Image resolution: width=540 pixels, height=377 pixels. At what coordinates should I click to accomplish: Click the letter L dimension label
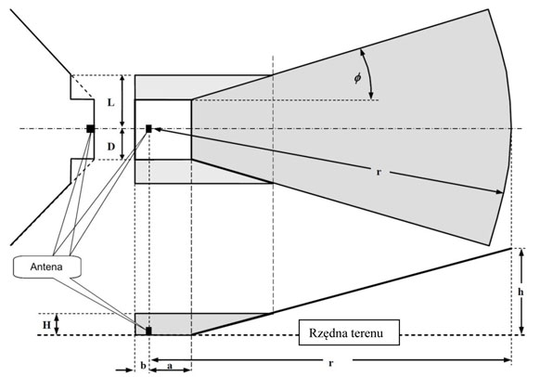click(110, 102)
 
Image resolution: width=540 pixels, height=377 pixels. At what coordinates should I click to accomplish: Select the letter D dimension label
click(110, 147)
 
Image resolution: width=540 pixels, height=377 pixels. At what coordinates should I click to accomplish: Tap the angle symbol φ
click(358, 78)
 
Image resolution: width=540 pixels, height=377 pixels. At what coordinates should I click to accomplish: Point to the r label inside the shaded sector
click(379, 172)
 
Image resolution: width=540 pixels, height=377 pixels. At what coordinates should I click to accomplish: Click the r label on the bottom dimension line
click(331, 363)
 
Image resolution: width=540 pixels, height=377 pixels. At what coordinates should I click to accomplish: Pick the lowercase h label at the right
click(521, 292)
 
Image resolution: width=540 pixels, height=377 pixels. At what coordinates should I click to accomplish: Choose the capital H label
click(46, 325)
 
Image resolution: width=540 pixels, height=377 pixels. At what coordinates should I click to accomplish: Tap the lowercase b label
click(143, 366)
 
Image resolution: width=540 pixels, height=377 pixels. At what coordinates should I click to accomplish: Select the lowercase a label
click(170, 366)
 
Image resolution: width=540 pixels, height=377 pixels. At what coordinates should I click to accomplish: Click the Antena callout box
click(47, 266)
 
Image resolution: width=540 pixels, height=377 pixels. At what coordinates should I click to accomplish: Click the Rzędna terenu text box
click(349, 332)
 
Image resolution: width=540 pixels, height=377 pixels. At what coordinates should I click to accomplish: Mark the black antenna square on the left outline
click(90, 128)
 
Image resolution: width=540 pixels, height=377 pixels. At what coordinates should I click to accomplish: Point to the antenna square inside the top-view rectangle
click(148, 128)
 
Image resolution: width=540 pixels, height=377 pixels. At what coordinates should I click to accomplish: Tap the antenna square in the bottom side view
click(148, 331)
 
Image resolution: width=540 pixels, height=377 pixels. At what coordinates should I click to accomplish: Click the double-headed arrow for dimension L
click(122, 101)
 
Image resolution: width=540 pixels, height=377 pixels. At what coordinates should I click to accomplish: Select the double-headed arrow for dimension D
click(122, 145)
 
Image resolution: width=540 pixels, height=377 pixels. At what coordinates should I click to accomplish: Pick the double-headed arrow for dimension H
click(58, 324)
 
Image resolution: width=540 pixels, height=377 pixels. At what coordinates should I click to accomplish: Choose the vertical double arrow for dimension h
click(521, 291)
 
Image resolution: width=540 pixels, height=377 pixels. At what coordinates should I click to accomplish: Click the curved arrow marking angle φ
click(369, 73)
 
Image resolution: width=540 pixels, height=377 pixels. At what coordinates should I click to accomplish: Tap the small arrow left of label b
click(124, 370)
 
